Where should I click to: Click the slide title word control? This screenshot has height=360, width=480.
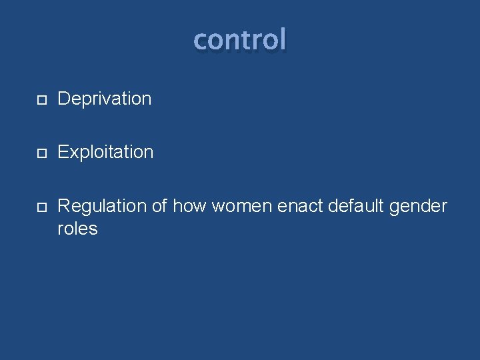click(x=240, y=40)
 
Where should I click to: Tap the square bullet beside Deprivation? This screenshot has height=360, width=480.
click(x=41, y=100)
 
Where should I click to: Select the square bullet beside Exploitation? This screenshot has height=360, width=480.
click(x=41, y=153)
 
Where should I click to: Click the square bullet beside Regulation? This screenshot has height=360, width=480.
click(x=41, y=207)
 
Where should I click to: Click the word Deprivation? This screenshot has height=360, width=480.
click(x=105, y=99)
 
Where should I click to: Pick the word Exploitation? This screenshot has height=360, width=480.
click(x=105, y=153)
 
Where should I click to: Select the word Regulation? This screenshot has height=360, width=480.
click(x=102, y=207)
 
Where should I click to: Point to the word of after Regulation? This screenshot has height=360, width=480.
click(x=159, y=207)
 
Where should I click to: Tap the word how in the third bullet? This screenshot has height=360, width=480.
click(x=189, y=207)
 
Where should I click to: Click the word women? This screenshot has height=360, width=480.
click(x=241, y=207)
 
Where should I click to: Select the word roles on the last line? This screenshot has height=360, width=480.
click(x=77, y=229)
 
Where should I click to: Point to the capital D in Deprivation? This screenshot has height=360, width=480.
click(x=64, y=99)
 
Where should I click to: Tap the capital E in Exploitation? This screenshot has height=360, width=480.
click(x=63, y=153)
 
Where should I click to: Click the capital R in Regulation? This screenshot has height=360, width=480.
click(x=64, y=207)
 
